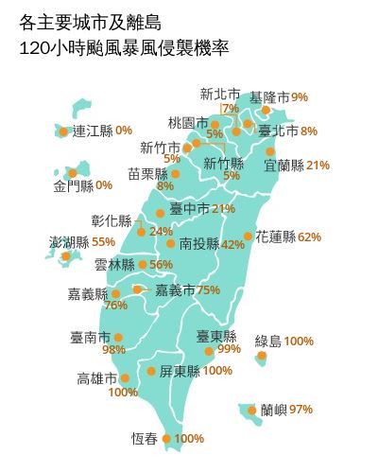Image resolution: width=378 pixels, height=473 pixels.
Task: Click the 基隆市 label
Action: pyautogui.click(x=269, y=96)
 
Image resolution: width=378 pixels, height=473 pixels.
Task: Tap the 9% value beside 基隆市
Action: pyautogui.click(x=300, y=96)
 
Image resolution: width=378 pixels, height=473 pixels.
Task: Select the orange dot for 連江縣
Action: pyautogui.click(x=63, y=131)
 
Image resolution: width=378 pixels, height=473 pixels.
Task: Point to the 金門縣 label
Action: pyautogui.click(x=74, y=184)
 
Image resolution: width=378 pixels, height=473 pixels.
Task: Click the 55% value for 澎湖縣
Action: pyautogui.click(x=104, y=242)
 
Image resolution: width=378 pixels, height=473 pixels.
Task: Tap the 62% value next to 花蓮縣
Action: pyautogui.click(x=309, y=236)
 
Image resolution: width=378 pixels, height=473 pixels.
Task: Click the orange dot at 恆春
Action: pyautogui.click(x=167, y=438)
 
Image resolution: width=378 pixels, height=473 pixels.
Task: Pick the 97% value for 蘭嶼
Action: pyautogui.click(x=301, y=410)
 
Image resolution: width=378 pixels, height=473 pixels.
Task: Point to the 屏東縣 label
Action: pyautogui.click(x=180, y=371)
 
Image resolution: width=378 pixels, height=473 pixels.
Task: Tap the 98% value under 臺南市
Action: pyautogui.click(x=113, y=350)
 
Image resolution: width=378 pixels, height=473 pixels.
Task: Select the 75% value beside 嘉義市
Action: pyautogui.click(x=209, y=289)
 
